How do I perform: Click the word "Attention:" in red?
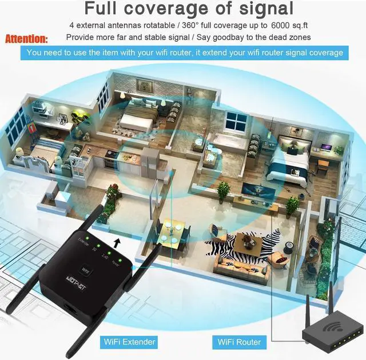(27, 39)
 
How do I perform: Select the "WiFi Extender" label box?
(129, 342)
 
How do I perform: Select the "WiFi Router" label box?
(239, 342)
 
